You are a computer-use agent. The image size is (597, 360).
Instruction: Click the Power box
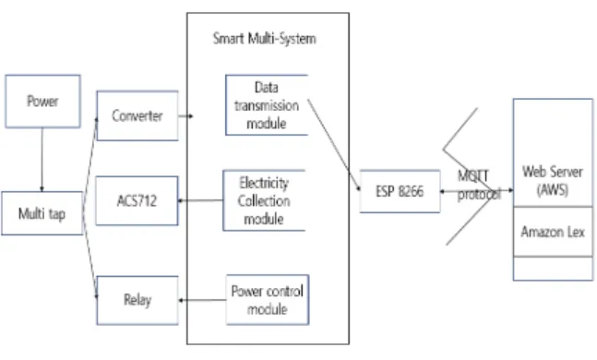pyautogui.click(x=42, y=101)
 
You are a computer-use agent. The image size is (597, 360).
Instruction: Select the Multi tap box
pyautogui.click(x=42, y=213)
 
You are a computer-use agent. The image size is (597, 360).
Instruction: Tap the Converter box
pyautogui.click(x=137, y=115)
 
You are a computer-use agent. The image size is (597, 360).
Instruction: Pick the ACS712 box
pyautogui.click(x=137, y=200)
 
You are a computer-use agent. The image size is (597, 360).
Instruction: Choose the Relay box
pyautogui.click(x=137, y=300)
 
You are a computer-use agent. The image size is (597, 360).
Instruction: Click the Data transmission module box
pyautogui.click(x=267, y=105)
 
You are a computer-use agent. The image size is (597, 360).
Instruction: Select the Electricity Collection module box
pyautogui.click(x=264, y=200)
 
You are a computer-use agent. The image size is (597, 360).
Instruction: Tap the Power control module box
pyautogui.click(x=268, y=300)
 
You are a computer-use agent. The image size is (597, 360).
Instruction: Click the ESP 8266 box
pyautogui.click(x=400, y=191)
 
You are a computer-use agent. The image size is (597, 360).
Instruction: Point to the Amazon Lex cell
pyautogui.click(x=553, y=232)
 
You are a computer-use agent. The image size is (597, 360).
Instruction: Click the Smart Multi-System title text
pyautogui.click(x=264, y=39)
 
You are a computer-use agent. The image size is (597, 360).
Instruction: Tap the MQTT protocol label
pyautogui.click(x=478, y=186)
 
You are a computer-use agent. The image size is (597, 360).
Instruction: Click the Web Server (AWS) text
pyautogui.click(x=553, y=181)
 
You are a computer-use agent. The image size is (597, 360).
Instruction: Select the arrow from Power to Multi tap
pyautogui.click(x=42, y=160)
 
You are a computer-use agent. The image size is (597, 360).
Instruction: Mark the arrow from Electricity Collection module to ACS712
pyautogui.click(x=200, y=200)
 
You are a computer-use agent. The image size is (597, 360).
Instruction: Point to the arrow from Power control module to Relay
pyautogui.click(x=202, y=300)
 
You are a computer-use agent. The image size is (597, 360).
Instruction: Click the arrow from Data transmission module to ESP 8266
pyautogui.click(x=333, y=145)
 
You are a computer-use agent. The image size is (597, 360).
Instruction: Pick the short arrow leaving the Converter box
pyautogui.click(x=185, y=115)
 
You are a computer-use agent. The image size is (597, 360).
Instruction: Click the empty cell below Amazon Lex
pyautogui.click(x=553, y=269)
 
